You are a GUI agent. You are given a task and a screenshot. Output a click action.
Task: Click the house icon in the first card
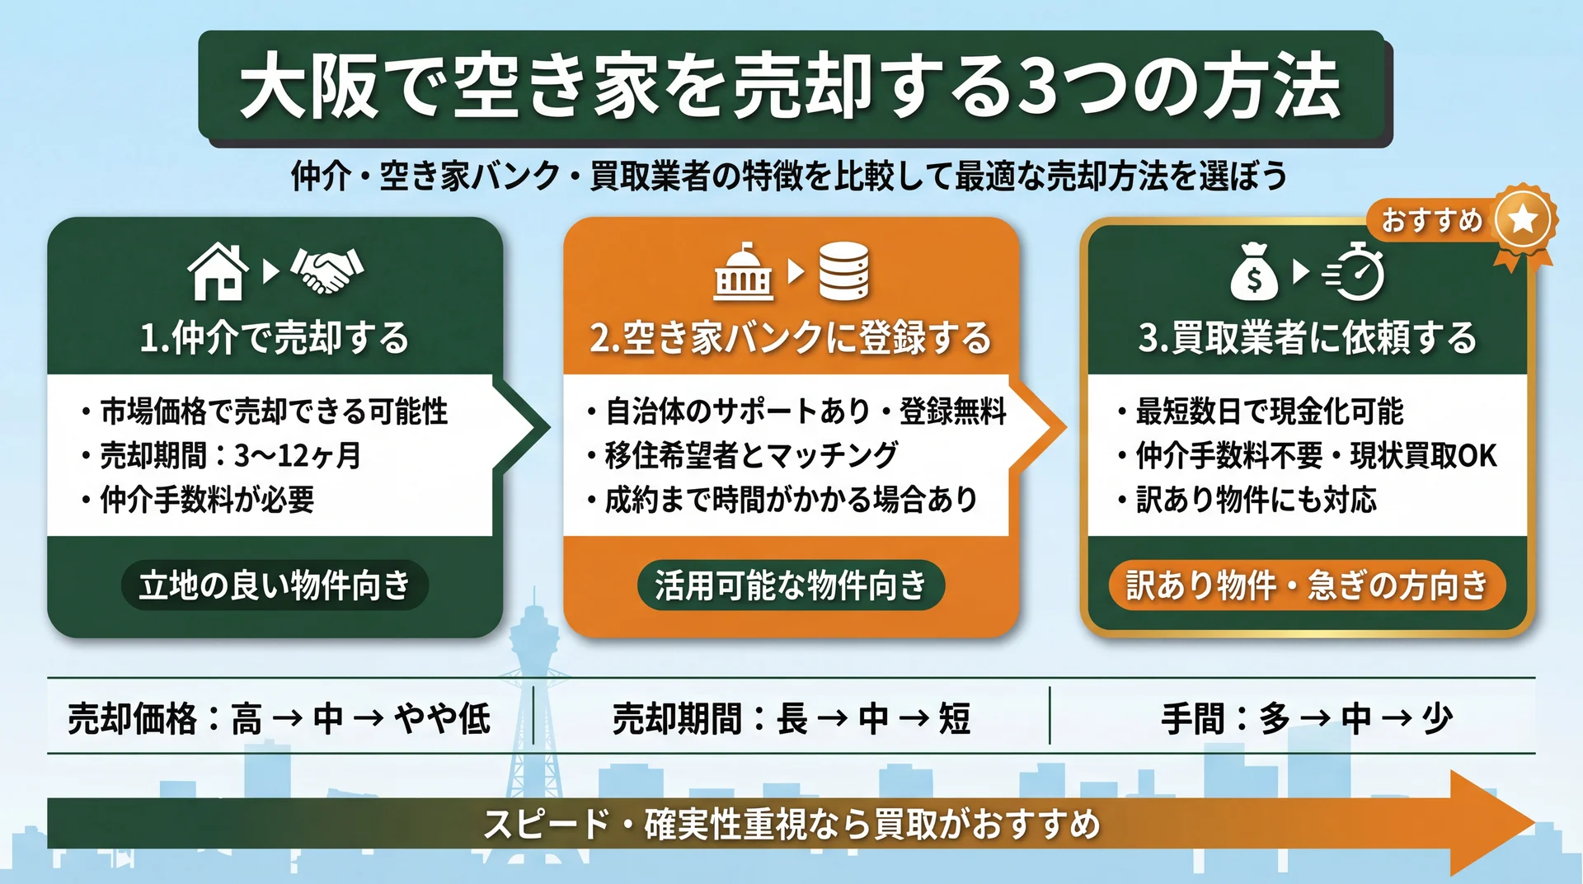click(218, 271)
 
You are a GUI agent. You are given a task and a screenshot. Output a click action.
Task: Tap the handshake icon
click(327, 270)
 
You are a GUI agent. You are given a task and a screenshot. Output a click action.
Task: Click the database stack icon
click(843, 271)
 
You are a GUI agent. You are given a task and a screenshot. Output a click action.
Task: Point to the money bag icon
click(1253, 273)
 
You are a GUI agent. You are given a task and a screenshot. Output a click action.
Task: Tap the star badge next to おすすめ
click(1523, 220)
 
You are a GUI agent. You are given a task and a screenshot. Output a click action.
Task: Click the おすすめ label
click(1432, 220)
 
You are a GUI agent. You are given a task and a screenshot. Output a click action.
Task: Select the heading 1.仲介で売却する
click(275, 338)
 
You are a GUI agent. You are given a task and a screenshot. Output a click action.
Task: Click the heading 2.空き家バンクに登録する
click(790, 338)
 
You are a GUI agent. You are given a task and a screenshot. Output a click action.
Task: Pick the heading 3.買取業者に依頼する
click(1308, 338)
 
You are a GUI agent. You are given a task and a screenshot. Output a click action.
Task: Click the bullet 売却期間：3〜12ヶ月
click(231, 455)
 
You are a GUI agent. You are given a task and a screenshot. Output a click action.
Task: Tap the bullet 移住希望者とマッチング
click(751, 455)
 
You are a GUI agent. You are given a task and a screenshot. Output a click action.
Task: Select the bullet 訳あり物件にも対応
click(1257, 500)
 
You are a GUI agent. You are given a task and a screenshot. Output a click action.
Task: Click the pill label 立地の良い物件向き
click(275, 585)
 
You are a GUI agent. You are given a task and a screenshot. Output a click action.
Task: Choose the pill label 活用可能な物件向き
click(791, 585)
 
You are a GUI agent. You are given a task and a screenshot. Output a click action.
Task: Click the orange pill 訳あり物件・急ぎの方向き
click(1307, 585)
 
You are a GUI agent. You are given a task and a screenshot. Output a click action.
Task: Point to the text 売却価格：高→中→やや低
click(279, 718)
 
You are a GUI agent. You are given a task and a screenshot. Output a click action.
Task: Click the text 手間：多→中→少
click(1307, 718)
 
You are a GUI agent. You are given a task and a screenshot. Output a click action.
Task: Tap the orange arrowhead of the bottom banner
click(1490, 823)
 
